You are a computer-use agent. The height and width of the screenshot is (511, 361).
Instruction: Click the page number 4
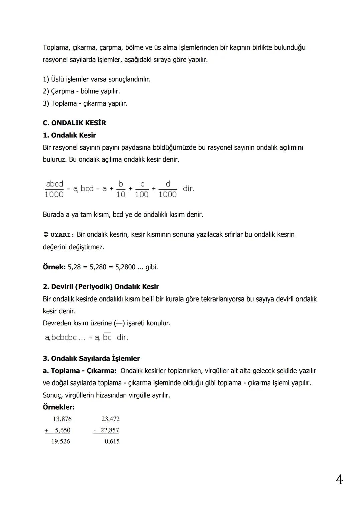pos(339,480)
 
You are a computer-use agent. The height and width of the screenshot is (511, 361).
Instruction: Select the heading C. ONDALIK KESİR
pos(75,123)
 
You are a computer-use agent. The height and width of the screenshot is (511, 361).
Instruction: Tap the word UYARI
pos(61,235)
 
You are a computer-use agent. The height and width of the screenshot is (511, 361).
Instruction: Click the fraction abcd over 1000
pos(54,189)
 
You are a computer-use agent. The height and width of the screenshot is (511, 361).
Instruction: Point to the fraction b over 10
pos(121,189)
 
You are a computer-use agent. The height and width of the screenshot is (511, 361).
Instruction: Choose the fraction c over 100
pos(142,189)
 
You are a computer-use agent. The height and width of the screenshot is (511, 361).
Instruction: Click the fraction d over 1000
pos(168,189)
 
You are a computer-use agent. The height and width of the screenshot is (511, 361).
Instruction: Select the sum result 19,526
pos(61,441)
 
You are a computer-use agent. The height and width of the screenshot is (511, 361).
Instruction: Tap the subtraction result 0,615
pos(112,441)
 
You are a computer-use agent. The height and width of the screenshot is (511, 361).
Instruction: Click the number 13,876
pos(62,419)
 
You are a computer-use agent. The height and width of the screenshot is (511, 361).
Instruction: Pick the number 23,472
pos(110,419)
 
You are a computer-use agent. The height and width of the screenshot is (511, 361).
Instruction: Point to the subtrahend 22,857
pos(110,430)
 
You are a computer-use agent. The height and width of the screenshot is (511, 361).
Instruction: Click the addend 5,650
pos(63,430)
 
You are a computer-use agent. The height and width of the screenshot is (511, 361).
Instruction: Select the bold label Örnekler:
pos(59,407)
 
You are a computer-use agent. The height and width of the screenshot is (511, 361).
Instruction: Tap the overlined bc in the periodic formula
pos(107,337)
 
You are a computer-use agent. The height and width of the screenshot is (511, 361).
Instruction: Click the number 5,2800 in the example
pos(125,267)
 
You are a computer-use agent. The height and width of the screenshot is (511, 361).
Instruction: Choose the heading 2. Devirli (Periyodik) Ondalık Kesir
pos(101,287)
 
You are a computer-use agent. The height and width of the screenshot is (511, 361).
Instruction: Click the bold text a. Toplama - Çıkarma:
pos(80,371)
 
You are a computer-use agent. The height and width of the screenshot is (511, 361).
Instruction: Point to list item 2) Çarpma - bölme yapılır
pos(81,91)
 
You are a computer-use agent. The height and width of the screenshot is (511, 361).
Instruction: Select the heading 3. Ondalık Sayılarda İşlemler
pos(91,359)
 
